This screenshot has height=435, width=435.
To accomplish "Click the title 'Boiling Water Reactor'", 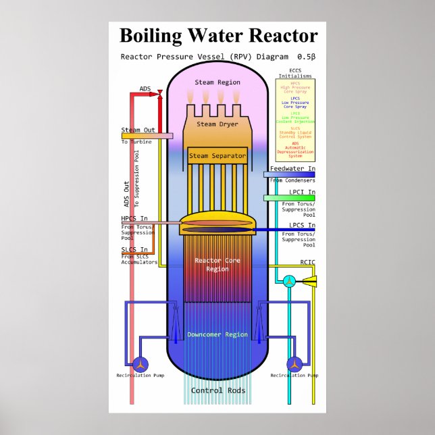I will pos(218,36).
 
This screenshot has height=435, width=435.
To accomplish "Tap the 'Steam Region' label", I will pos(217,82).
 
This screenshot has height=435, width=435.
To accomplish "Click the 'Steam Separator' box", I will pos(217,156).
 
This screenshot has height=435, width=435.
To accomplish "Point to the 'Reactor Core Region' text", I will pos(217,264).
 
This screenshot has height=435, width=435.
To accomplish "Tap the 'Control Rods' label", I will pos(217,390).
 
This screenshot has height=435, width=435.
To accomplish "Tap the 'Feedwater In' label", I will pos(292,168).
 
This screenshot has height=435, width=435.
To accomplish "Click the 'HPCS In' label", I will pos(134,218).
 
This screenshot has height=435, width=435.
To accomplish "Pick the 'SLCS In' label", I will pos(134,249).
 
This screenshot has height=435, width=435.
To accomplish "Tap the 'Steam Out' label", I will pos(138,130).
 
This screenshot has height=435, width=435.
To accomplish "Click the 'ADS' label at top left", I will pos(145,88).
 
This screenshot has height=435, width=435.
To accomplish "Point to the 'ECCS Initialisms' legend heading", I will pos(295,73).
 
